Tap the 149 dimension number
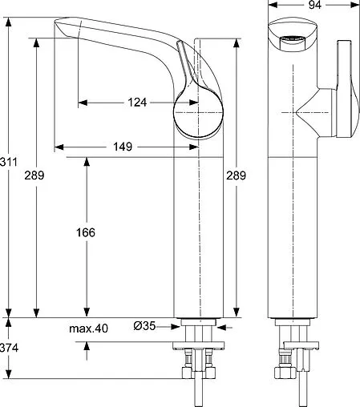tap(123, 147)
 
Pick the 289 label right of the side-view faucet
tap(236, 175)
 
